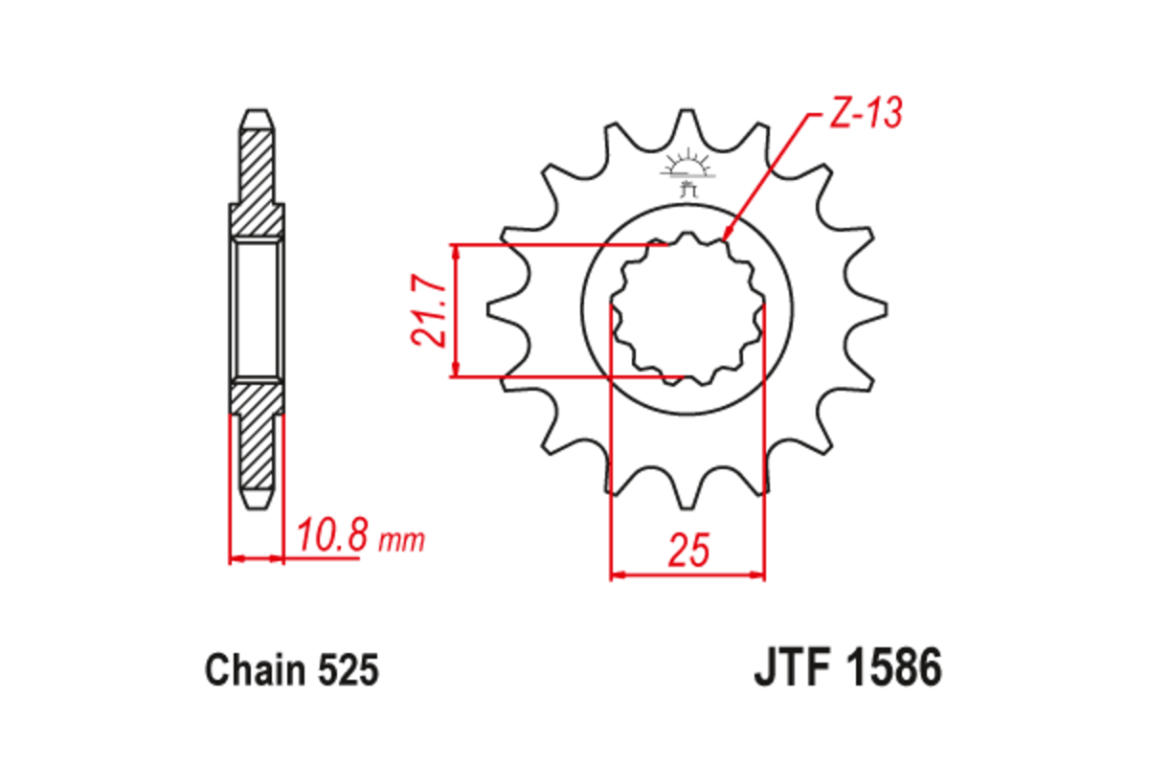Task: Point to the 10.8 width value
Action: [331, 537]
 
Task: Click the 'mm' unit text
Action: [402, 541]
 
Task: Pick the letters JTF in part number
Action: [791, 669]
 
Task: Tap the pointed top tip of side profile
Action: [257, 113]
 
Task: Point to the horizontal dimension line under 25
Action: [688, 576]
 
